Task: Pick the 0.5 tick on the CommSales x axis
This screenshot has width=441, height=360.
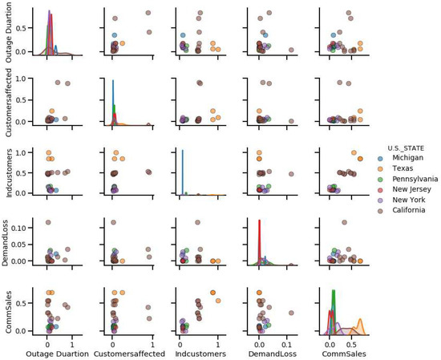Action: coord(351,340)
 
